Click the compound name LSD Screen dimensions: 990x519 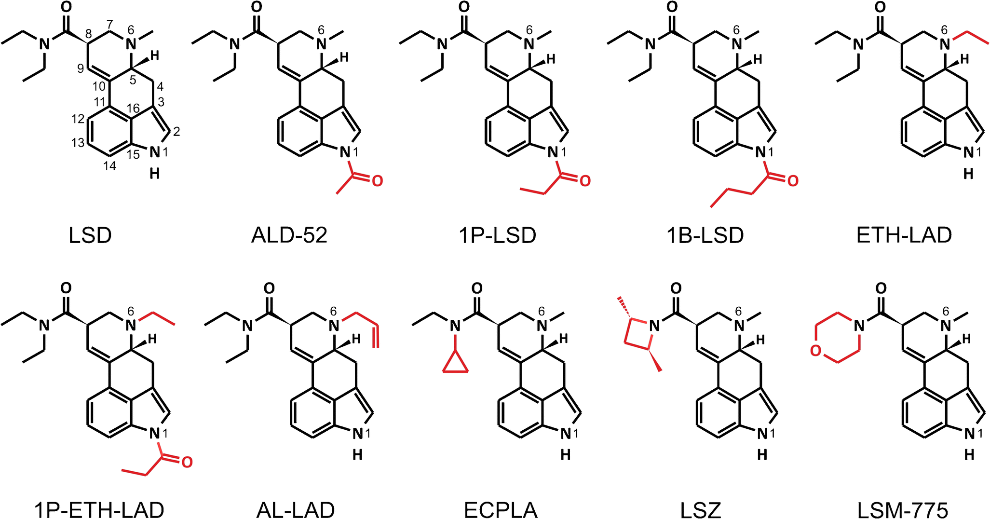pyautogui.click(x=90, y=235)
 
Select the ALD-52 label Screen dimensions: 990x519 pyautogui.click(x=289, y=235)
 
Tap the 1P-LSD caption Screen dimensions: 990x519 pyautogui.click(x=498, y=235)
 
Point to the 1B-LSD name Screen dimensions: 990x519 pyautogui.click(x=705, y=235)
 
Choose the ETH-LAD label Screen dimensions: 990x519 pyautogui.click(x=904, y=235)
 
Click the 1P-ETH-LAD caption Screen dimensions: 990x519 pyautogui.click(x=99, y=509)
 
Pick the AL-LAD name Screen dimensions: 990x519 pyautogui.click(x=296, y=509)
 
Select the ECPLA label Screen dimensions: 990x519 pyautogui.click(x=501, y=509)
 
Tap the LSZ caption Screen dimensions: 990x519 pyautogui.click(x=701, y=509)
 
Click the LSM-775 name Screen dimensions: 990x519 pyautogui.click(x=903, y=509)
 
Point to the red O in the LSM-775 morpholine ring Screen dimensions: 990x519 pyautogui.click(x=815, y=351)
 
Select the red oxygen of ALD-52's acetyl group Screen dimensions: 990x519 pyautogui.click(x=377, y=181)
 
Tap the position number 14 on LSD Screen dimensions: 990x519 pyautogui.click(x=110, y=166)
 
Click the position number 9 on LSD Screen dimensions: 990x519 pyautogui.click(x=81, y=68)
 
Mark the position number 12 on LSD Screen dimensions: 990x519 pyautogui.click(x=78, y=118)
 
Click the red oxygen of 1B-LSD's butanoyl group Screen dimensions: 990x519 pyautogui.click(x=793, y=181)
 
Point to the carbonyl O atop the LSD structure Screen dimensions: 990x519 pyautogui.click(x=67, y=7)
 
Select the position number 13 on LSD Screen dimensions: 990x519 pyautogui.click(x=78, y=143)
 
